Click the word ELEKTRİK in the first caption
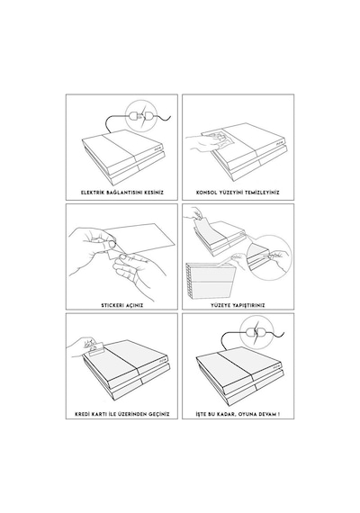(x=93, y=193)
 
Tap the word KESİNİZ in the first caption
(x=154, y=193)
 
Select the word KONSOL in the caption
(x=206, y=193)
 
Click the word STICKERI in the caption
(x=112, y=306)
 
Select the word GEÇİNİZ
(x=159, y=414)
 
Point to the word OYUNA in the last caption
(x=247, y=414)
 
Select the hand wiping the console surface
(x=199, y=143)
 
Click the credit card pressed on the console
(x=95, y=348)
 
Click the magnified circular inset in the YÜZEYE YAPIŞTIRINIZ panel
(x=269, y=257)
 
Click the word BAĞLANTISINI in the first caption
(x=124, y=193)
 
